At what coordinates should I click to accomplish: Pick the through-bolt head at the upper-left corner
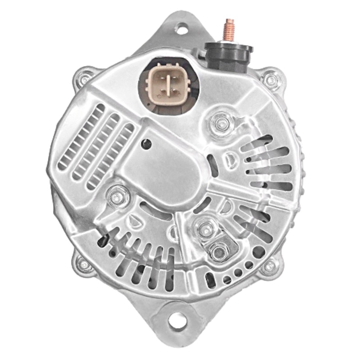(85, 79)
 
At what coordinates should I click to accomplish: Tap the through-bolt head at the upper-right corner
(271, 80)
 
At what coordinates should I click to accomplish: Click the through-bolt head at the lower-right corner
(269, 266)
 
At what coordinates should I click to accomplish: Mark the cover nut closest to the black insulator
(220, 121)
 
